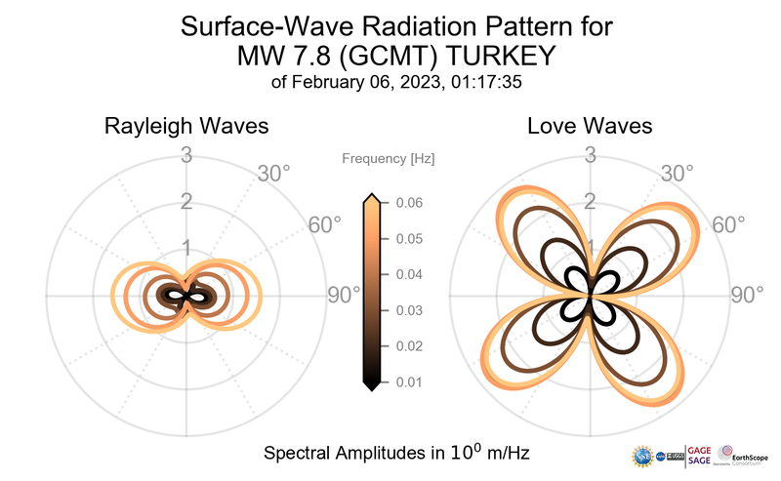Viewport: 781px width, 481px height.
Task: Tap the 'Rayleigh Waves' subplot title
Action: coord(186,127)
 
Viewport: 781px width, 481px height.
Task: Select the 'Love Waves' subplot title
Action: coord(590,127)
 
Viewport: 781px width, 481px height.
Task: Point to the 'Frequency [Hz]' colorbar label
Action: coord(389,157)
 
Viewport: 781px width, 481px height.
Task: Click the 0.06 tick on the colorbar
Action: coord(408,203)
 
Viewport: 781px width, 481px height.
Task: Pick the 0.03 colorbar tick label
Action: coord(408,310)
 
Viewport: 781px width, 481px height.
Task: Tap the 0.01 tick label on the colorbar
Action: coord(408,381)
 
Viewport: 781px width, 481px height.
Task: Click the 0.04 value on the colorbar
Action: coord(408,274)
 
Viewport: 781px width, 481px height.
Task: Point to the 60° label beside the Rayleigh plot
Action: coord(325,225)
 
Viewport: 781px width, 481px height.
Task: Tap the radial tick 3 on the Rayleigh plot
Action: coord(185,155)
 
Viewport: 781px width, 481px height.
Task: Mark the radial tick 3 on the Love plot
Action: coord(590,155)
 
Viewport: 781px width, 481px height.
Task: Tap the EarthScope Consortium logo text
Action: coord(751,456)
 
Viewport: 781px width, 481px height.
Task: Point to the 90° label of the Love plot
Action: coord(748,295)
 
